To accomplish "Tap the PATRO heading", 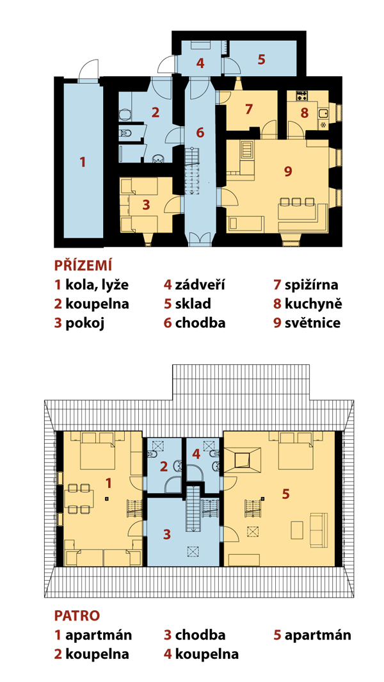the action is pyautogui.click(x=77, y=615).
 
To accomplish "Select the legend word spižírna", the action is pyautogui.click(x=312, y=286).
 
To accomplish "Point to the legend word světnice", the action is pyautogui.click(x=312, y=323).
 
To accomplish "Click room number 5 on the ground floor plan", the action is pyautogui.click(x=261, y=59).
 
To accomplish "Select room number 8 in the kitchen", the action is pyautogui.click(x=304, y=113).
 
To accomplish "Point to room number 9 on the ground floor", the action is pyautogui.click(x=287, y=172).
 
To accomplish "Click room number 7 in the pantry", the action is pyautogui.click(x=248, y=109).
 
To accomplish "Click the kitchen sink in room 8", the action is pyautogui.click(x=323, y=113).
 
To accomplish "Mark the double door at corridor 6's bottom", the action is pyautogui.click(x=200, y=239).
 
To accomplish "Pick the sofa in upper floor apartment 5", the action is pyautogui.click(x=319, y=530).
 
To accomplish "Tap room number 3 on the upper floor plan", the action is pyautogui.click(x=166, y=535).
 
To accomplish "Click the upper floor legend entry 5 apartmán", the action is pyautogui.click(x=312, y=635).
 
